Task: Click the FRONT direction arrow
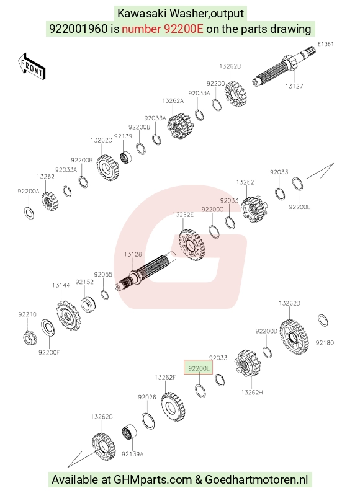32,66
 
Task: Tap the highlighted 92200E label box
199,368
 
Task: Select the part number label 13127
294,86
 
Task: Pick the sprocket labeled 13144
69,316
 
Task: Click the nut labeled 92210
30,337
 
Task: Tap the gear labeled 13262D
294,337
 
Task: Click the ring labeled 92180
323,321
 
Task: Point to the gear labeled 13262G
104,446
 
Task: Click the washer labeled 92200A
29,213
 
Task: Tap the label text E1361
325,44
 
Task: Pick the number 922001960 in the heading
78,29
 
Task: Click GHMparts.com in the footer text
153,480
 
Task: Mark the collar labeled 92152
88,303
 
